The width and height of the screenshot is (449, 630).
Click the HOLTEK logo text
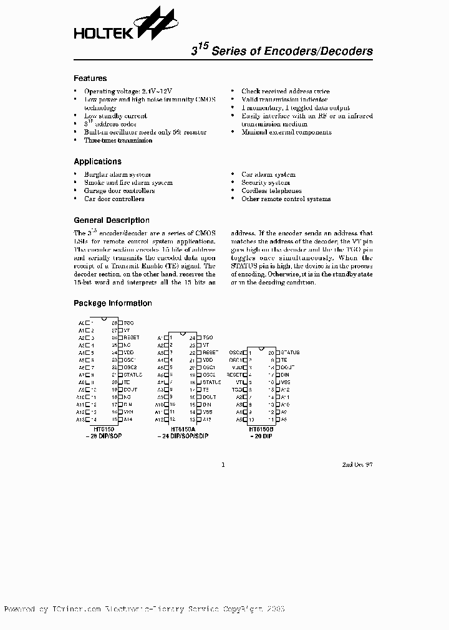104,32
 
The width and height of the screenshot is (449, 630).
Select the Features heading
90,78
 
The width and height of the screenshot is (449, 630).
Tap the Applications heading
97,162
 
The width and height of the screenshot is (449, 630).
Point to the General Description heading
112,220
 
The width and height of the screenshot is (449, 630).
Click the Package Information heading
113,303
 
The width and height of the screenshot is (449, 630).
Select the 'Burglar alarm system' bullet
117,175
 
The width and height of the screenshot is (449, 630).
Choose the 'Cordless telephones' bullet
271,191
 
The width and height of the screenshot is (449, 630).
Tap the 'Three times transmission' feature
118,141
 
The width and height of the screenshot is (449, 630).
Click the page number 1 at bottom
223,464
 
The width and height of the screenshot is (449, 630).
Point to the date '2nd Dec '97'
357,464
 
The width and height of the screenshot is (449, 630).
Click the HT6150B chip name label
261,430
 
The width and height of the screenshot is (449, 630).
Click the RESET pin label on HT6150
131,337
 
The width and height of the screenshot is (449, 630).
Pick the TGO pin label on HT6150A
208,337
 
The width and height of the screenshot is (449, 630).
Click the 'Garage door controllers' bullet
119,191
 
